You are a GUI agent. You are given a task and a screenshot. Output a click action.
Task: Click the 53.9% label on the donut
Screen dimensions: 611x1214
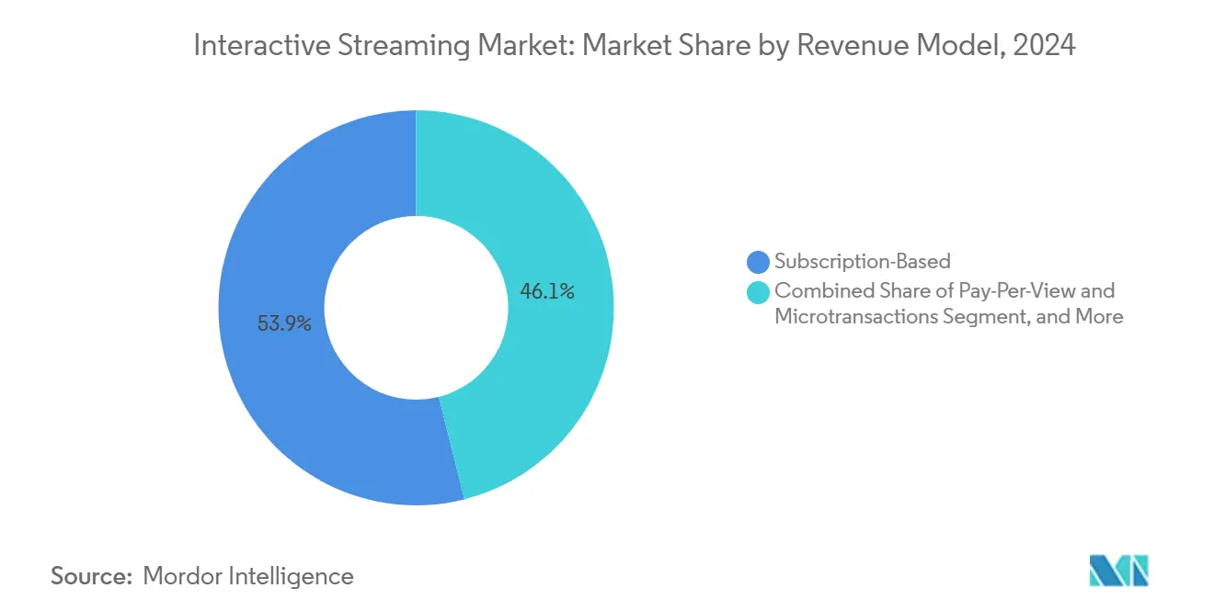[x=284, y=323]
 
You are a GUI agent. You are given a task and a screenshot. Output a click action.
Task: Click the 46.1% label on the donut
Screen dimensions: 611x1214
[x=547, y=292]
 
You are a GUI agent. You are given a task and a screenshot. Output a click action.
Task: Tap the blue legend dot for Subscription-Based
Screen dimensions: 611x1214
[x=759, y=263]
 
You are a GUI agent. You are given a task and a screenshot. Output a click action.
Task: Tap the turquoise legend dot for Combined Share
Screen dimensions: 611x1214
[x=759, y=292]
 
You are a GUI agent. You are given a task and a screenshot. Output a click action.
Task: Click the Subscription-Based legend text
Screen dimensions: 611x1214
[x=862, y=263]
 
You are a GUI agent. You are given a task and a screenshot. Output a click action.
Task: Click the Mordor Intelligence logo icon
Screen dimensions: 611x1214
[x=1118, y=571]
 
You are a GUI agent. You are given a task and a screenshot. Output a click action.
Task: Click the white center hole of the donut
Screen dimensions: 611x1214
[x=416, y=308]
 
